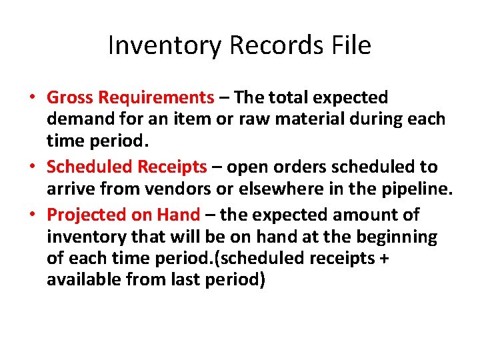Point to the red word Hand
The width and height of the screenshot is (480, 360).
[178, 214]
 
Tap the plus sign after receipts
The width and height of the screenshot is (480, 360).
[383, 258]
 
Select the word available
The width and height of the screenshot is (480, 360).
[84, 280]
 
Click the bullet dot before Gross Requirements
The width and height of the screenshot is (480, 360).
[32, 98]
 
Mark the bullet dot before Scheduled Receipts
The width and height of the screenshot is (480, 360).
[32, 167]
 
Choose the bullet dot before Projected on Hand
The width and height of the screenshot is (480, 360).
[32, 215]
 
